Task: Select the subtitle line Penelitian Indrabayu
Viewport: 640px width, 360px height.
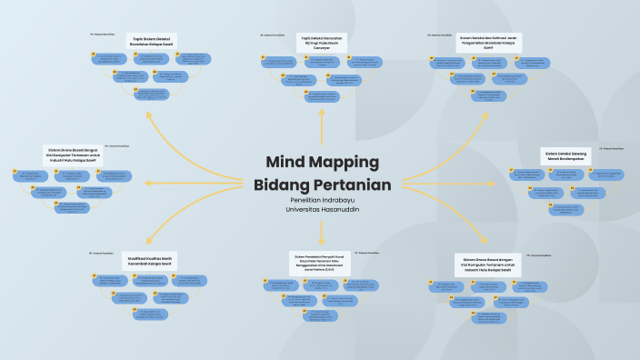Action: pos(323,201)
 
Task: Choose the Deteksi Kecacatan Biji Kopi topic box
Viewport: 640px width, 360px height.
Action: pos(322,42)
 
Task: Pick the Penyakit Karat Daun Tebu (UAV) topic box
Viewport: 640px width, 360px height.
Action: pos(322,262)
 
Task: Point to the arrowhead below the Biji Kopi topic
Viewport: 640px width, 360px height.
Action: pos(322,112)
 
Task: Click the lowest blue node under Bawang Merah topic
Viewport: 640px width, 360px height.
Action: pos(565,206)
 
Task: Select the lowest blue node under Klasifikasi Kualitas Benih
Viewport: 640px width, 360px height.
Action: pos(151,314)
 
